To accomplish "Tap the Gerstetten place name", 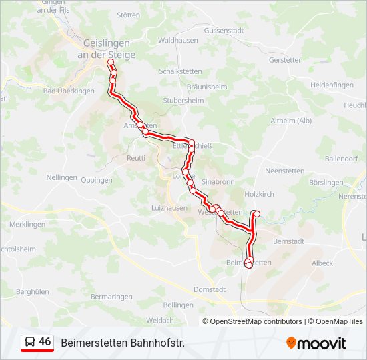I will (x=286, y=59).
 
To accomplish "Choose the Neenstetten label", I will (x=284, y=171).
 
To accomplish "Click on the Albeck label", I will (x=322, y=263).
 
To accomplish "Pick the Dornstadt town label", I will (x=210, y=290).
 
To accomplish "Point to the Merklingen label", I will (x=27, y=225).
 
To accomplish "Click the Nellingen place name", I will (x=61, y=178).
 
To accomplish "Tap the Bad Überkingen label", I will (x=69, y=91).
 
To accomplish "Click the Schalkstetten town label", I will (x=179, y=71).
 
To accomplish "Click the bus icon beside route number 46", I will (x=29, y=343).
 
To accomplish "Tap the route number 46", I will (x=45, y=342).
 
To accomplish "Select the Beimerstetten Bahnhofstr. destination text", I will (x=123, y=343).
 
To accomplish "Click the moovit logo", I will (x=316, y=343).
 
